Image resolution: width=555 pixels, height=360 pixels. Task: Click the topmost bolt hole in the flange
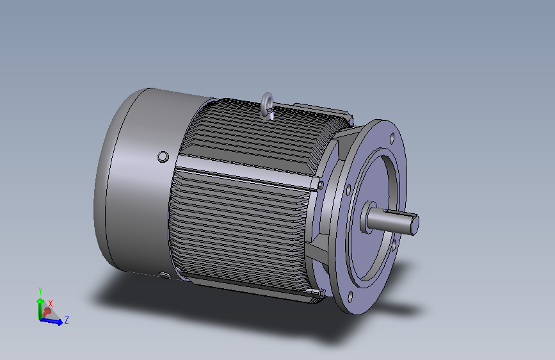(x=392, y=138)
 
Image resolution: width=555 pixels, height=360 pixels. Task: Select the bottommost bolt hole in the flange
(x=350, y=297)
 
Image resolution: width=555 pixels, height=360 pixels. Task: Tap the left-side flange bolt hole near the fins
(x=348, y=190)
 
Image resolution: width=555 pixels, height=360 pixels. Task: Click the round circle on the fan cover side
(x=163, y=156)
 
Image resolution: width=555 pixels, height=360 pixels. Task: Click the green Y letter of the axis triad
(x=40, y=291)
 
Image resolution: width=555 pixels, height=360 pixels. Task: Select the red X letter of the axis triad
(x=51, y=304)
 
